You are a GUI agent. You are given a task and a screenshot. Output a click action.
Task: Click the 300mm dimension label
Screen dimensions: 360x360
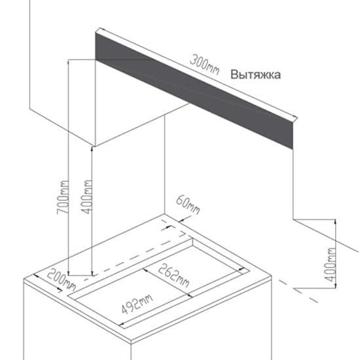(x=205, y=65)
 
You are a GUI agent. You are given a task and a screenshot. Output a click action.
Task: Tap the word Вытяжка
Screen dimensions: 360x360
(x=255, y=75)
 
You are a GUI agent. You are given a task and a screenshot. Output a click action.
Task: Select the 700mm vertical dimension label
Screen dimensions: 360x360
(x=63, y=198)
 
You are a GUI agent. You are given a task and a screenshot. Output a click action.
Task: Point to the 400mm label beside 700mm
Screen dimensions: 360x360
(x=88, y=197)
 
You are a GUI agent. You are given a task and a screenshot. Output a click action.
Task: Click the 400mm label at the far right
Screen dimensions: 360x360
(x=331, y=264)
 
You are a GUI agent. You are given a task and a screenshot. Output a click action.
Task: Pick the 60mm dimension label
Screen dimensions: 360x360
(x=188, y=205)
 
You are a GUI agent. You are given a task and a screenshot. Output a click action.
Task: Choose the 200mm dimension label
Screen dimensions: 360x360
(x=62, y=279)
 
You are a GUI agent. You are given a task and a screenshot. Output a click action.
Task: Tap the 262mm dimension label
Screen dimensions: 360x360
(x=174, y=275)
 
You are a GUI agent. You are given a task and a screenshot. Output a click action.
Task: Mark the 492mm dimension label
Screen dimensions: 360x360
(x=137, y=304)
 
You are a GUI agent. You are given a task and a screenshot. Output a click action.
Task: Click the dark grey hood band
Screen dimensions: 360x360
(x=194, y=91)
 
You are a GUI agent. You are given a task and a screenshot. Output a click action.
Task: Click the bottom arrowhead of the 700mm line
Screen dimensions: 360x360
(x=69, y=272)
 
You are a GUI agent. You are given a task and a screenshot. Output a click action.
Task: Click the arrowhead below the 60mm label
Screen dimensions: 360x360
(x=181, y=221)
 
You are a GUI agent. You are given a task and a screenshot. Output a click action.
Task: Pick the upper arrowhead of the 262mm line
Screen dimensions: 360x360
(x=146, y=270)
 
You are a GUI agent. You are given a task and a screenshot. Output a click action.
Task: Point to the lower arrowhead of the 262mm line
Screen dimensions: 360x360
(x=189, y=295)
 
